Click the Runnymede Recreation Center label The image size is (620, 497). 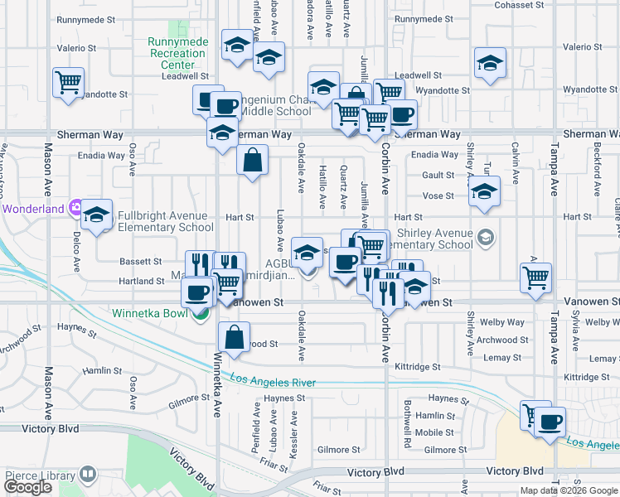pos(177,53)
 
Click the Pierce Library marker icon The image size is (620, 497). pos(87,475)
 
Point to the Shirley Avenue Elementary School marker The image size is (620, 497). pos(486,239)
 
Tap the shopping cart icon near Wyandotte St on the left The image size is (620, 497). pos(68,83)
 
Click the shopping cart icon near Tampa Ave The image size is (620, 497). pos(535,277)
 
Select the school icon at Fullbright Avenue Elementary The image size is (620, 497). pos(97,215)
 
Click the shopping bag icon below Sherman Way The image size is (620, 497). pos(252,159)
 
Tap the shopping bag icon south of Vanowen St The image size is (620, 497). pos(235,336)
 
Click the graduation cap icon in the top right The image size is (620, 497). pos(490,62)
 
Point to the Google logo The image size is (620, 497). pos(27,487)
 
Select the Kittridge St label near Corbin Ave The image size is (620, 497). pos(415,365)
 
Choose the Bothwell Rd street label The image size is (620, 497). pos(408,413)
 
